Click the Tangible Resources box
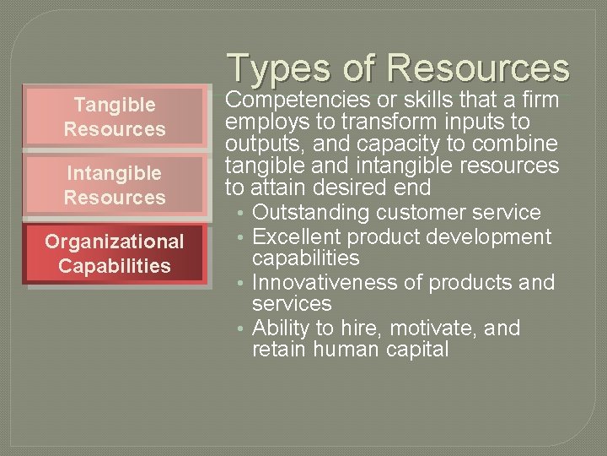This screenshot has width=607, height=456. (114, 117)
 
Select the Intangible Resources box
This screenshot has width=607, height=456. (114, 185)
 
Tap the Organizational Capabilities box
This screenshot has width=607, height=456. (114, 253)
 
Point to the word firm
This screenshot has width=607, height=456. (539, 100)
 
